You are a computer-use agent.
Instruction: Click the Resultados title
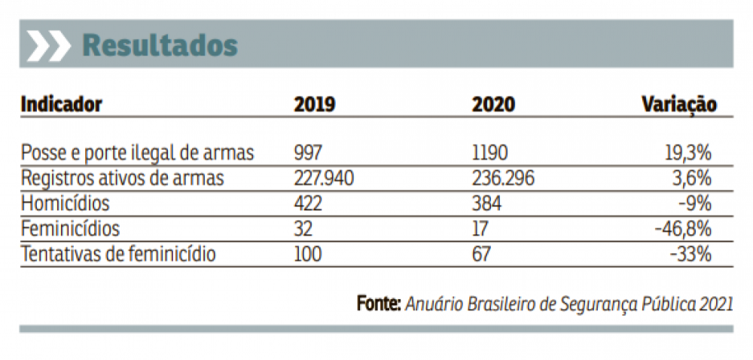tap(160, 45)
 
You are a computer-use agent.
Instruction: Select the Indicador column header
tap(61, 104)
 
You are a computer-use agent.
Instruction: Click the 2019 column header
tap(315, 104)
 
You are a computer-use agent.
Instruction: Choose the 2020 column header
tap(493, 104)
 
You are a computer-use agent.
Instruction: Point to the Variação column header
tap(678, 104)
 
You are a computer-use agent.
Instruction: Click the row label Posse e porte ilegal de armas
tap(138, 153)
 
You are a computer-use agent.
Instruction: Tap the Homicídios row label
tap(66, 203)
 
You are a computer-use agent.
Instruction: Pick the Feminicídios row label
tap(70, 228)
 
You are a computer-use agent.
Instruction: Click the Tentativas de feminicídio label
tap(118, 254)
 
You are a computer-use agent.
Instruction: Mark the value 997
tap(308, 153)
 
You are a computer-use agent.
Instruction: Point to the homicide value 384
tap(486, 203)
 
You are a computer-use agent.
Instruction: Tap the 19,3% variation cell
tap(687, 153)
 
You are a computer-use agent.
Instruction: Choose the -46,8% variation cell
tap(684, 228)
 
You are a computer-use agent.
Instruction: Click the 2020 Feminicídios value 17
tap(480, 228)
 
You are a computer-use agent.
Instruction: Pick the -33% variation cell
tap(691, 254)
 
